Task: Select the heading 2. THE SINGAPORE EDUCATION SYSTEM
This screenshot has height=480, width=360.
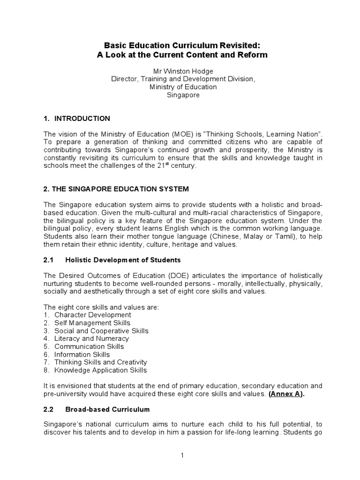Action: click(116, 189)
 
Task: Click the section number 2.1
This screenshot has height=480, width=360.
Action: click(49, 260)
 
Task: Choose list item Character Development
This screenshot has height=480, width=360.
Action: click(92, 315)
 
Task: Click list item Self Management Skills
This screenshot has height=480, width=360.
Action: click(92, 323)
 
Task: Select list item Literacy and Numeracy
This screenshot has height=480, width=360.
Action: click(91, 338)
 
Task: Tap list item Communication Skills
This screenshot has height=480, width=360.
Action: click(89, 346)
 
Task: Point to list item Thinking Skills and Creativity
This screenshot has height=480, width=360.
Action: click(100, 362)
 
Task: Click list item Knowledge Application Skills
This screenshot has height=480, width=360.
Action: click(100, 370)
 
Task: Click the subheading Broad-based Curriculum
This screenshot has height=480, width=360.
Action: click(107, 409)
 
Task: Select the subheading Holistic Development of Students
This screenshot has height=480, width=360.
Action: click(123, 260)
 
